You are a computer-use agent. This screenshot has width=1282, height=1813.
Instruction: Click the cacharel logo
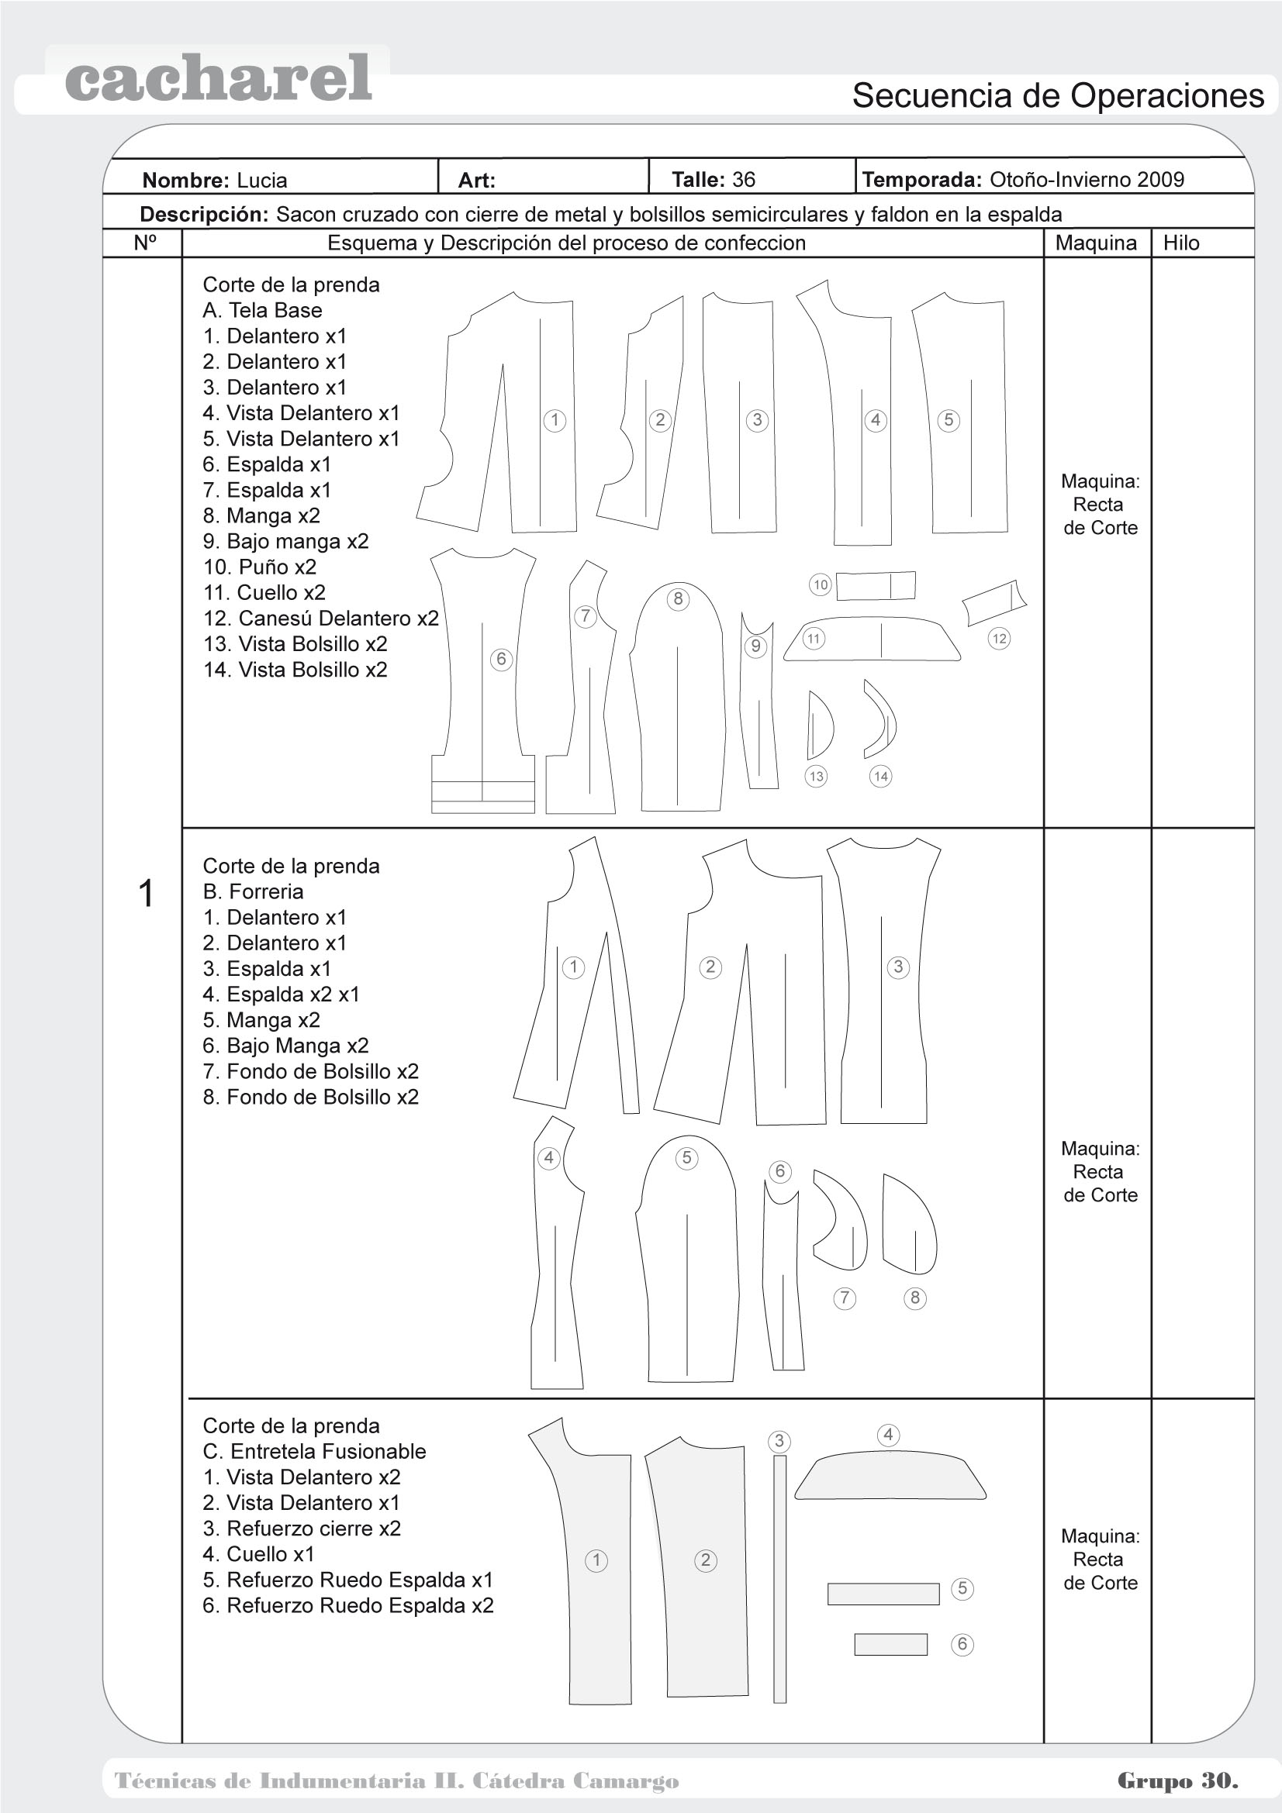(x=218, y=79)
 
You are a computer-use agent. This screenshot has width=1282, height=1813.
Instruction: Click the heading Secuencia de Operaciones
(x=1058, y=95)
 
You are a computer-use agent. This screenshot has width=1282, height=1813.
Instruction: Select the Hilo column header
(x=1181, y=243)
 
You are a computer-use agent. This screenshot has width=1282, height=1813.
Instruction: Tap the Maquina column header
(x=1096, y=243)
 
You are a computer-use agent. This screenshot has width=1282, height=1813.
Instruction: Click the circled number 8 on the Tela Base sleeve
(x=678, y=598)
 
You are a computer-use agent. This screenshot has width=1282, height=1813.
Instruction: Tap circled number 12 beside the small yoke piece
(x=999, y=638)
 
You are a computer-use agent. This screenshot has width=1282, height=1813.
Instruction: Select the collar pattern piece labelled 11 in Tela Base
(x=872, y=639)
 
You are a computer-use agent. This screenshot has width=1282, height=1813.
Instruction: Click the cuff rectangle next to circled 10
(x=875, y=586)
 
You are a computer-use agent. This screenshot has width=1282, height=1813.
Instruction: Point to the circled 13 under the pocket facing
(x=816, y=776)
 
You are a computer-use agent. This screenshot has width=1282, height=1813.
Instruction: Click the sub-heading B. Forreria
(x=253, y=891)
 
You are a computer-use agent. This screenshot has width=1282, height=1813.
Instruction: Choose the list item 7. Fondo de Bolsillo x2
(x=310, y=1071)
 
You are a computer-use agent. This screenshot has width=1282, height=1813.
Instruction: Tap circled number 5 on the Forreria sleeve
(x=686, y=1157)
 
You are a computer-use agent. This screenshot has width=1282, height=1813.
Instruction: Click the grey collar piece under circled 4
(x=890, y=1477)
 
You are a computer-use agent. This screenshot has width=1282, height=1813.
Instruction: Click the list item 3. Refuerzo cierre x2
(x=302, y=1528)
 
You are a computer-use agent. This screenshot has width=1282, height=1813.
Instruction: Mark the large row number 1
(x=146, y=894)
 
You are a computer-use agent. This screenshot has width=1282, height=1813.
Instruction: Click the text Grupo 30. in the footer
(x=1177, y=1780)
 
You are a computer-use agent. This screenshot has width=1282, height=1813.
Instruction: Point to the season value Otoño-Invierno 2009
(x=1087, y=179)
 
